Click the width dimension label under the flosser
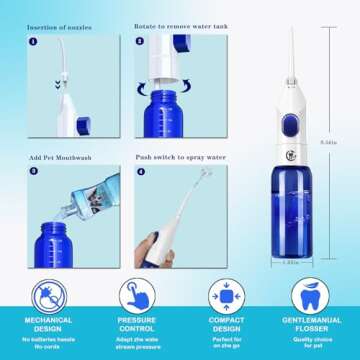[289, 264]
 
